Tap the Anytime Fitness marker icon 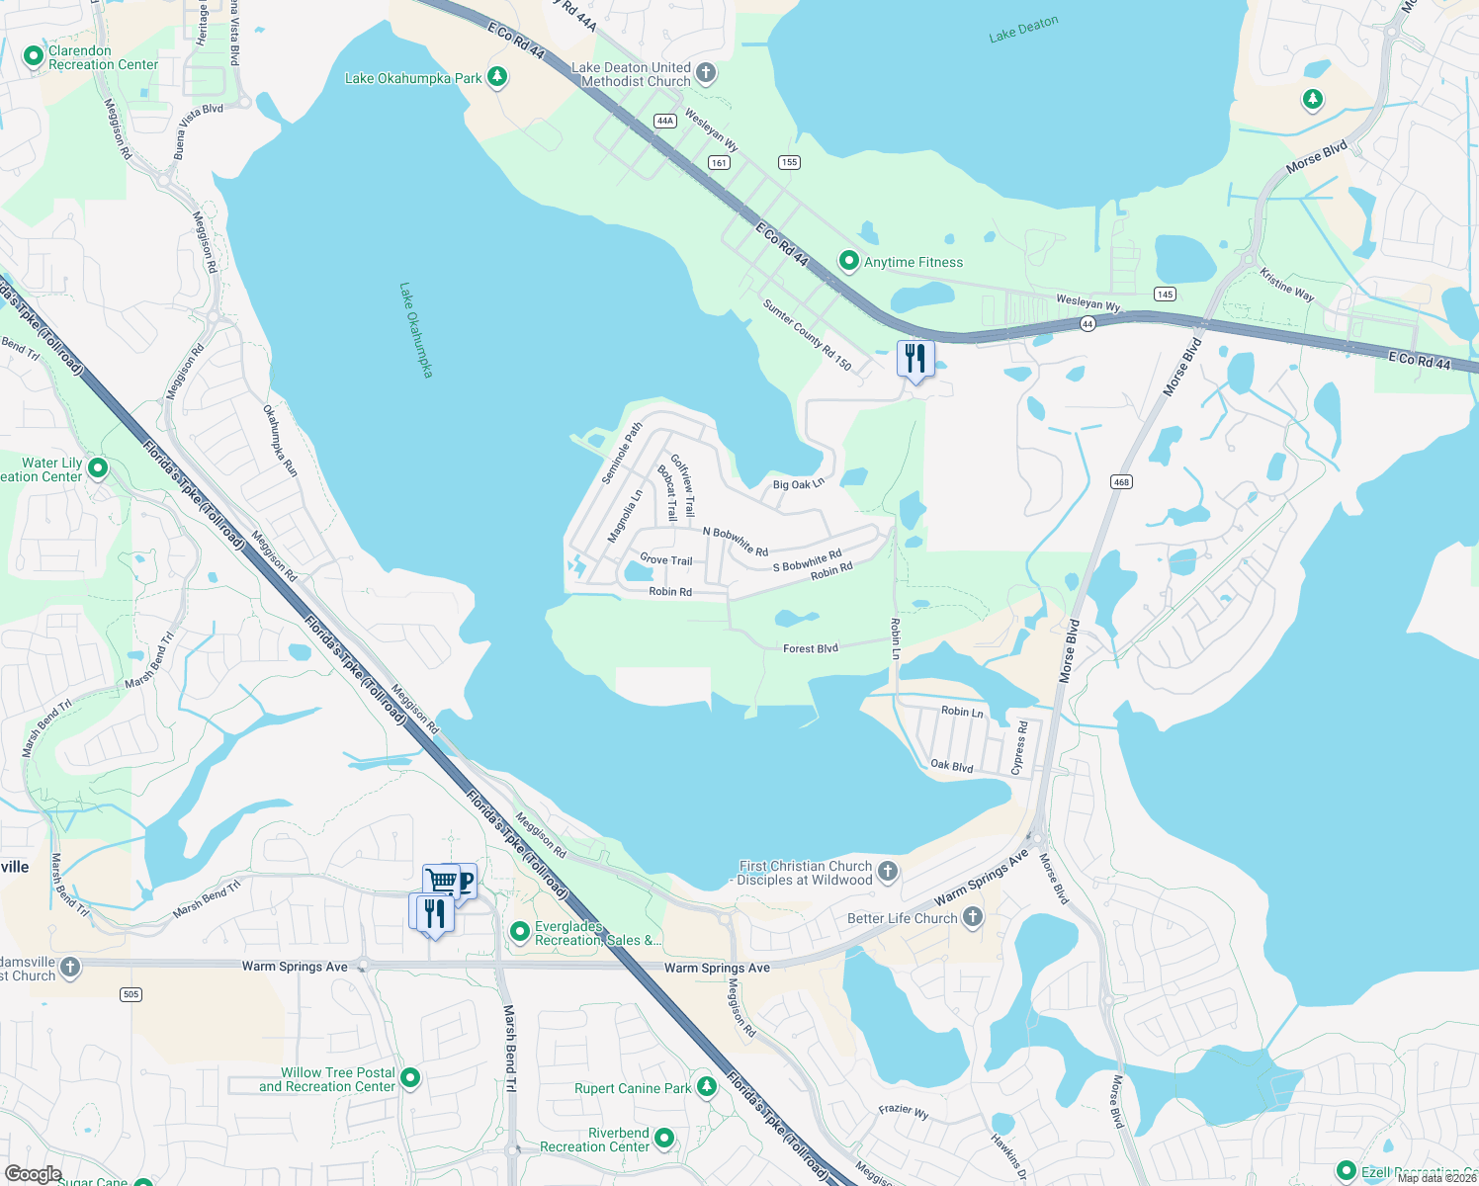[x=848, y=261]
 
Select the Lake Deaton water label [x=1023, y=29]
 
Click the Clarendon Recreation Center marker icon [x=34, y=56]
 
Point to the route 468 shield [x=1121, y=482]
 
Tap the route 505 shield [x=131, y=994]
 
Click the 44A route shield [x=664, y=121]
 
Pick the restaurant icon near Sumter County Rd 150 [x=915, y=359]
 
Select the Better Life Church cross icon [x=973, y=917]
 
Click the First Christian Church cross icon [x=888, y=871]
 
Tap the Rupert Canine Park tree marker [x=706, y=1087]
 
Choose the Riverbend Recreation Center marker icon [x=664, y=1139]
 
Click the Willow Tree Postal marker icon [x=410, y=1078]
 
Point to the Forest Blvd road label [x=811, y=648]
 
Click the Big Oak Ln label [x=798, y=484]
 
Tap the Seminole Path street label [x=622, y=454]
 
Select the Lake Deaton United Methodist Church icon [x=706, y=72]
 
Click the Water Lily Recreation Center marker [x=98, y=467]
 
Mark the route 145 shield [x=1165, y=295]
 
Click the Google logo [x=33, y=1174]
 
